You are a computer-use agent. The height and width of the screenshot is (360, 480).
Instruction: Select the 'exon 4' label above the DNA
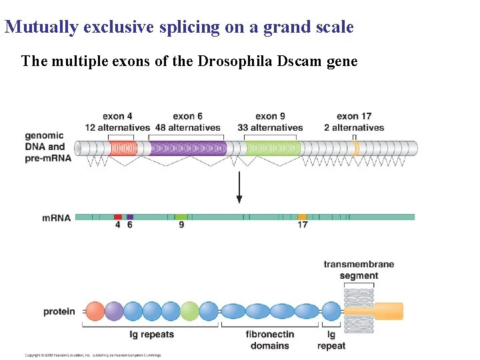[x=117, y=117]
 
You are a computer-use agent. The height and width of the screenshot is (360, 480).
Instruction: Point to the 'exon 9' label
[x=270, y=117]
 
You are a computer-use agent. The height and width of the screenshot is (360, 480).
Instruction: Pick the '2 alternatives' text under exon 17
[x=358, y=127]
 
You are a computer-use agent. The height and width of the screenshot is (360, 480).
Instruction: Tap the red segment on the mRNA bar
[x=118, y=217]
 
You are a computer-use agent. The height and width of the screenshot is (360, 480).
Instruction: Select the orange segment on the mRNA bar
[x=302, y=217]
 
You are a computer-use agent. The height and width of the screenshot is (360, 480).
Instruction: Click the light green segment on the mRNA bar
[x=181, y=217]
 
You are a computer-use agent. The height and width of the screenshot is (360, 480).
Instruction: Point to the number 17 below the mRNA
[x=302, y=225]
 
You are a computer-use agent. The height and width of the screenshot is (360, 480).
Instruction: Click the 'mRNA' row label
[x=56, y=217]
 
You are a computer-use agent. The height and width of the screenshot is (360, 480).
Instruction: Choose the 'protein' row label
[x=59, y=311]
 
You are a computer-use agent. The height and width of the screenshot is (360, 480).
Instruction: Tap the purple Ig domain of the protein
[x=114, y=311]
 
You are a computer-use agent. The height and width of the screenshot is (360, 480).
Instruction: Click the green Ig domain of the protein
[x=189, y=311]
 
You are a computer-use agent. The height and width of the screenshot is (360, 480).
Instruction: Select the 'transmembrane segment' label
[x=359, y=270]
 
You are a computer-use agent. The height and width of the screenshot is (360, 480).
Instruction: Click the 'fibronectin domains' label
[x=270, y=340]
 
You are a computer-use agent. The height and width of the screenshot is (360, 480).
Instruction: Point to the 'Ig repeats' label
[x=152, y=335]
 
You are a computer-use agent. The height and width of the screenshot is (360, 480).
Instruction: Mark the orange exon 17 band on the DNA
[x=355, y=148]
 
